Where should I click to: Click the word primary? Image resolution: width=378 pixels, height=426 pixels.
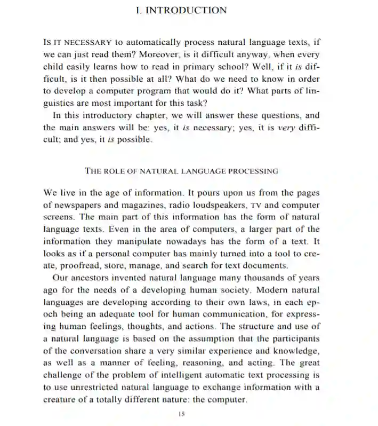205,66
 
